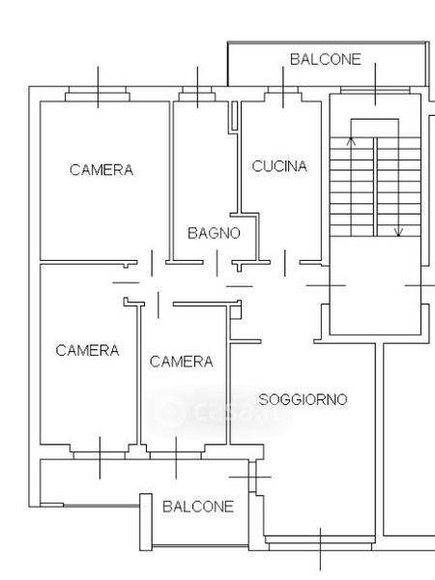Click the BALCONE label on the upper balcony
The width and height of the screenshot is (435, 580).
(x=326, y=59)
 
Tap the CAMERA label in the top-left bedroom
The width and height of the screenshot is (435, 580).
(x=101, y=170)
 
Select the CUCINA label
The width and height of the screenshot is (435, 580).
(x=279, y=166)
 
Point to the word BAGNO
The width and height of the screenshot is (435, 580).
(x=214, y=233)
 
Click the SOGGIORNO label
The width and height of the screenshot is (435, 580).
(x=303, y=399)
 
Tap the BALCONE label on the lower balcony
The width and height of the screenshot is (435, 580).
(x=198, y=507)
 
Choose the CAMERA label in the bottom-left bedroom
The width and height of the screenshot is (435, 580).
(x=87, y=350)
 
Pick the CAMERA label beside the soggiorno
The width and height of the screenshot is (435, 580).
(x=182, y=362)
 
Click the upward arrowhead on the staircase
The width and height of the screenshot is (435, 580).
(x=351, y=141)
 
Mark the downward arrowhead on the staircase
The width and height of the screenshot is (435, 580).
(x=398, y=233)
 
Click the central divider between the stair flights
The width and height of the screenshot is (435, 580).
(x=375, y=187)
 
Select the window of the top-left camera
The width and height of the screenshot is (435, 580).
(x=98, y=94)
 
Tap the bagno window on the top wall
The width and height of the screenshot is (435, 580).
(x=197, y=94)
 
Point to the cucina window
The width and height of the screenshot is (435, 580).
(x=283, y=94)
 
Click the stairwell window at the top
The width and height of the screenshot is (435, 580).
(x=375, y=91)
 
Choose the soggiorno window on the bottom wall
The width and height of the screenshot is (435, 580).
(x=320, y=543)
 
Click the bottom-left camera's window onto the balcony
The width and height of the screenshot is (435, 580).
(x=100, y=452)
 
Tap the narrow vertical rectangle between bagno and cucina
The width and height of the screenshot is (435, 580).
(x=235, y=115)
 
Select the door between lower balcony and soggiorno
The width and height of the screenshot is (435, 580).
(x=252, y=478)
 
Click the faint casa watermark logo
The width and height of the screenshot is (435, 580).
(x=218, y=412)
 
